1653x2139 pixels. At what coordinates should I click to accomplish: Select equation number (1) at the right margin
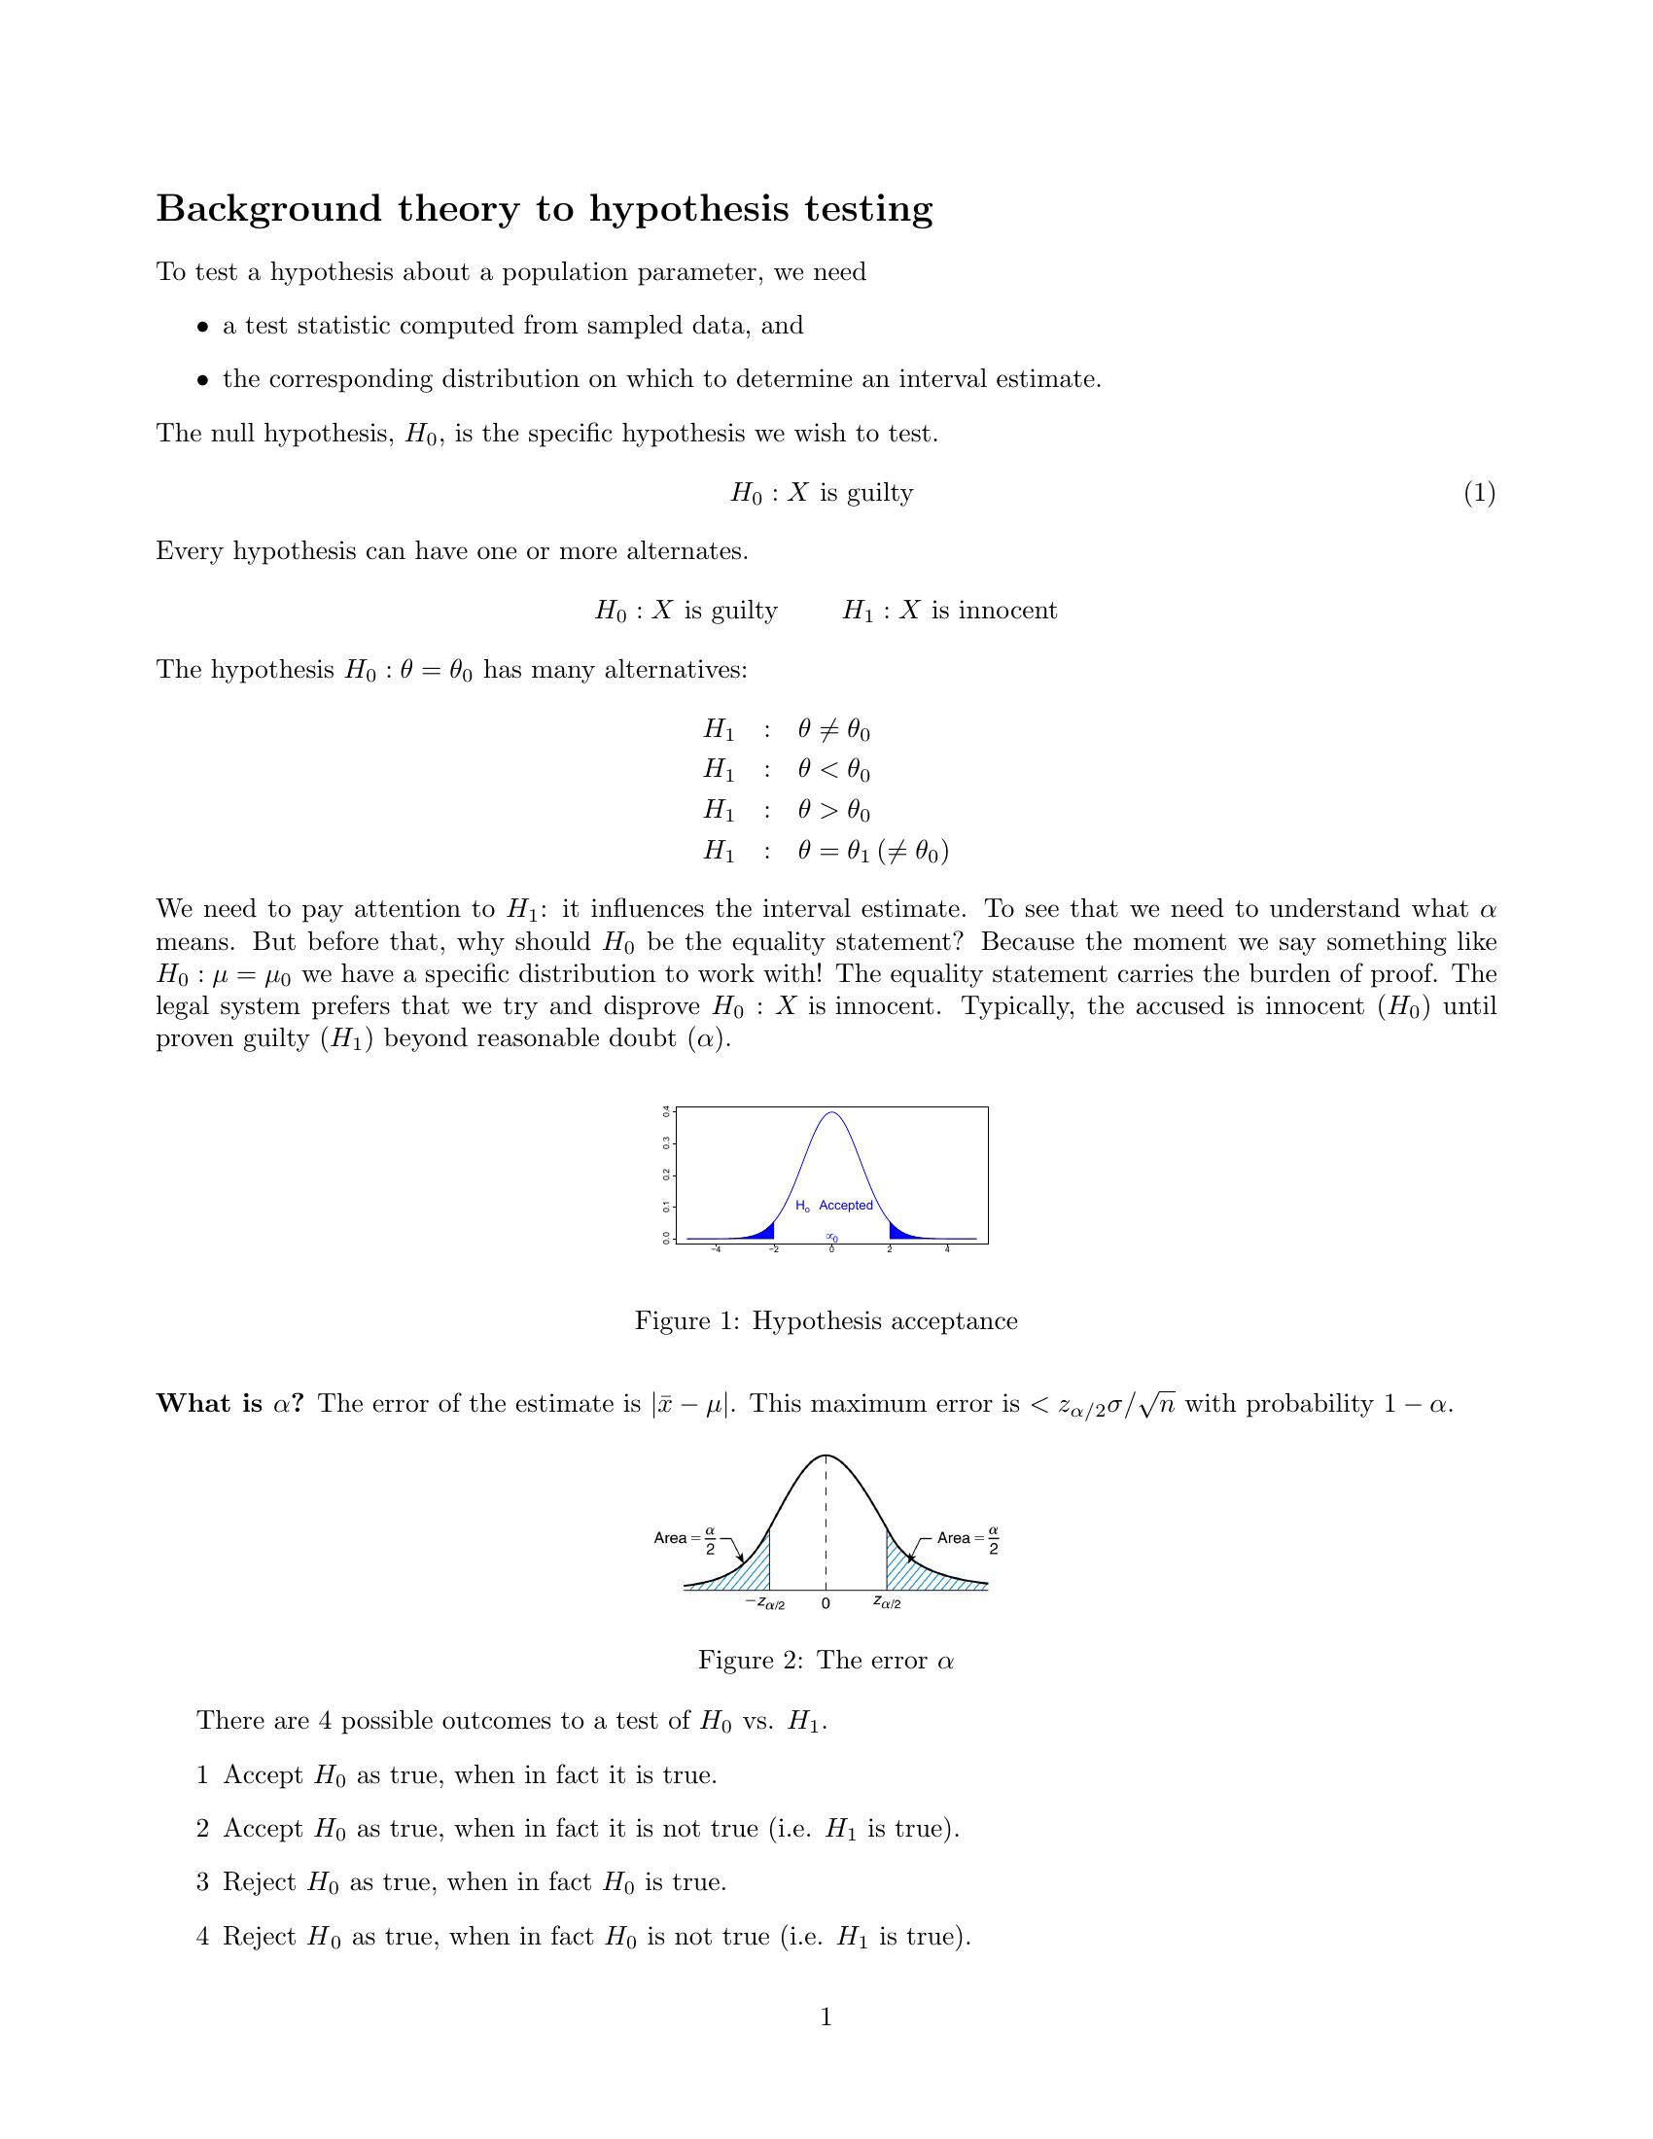(x=1479, y=493)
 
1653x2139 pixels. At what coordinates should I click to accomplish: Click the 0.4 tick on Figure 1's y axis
(x=667, y=1111)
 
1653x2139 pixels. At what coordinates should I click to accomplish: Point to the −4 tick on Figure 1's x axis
(x=716, y=1248)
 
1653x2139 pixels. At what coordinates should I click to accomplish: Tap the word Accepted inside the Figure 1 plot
(x=845, y=1205)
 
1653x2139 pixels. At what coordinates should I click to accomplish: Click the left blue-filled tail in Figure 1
(x=764, y=1232)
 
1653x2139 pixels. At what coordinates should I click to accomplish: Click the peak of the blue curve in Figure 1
(x=831, y=1112)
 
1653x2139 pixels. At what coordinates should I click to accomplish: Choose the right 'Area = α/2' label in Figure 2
(x=967, y=1539)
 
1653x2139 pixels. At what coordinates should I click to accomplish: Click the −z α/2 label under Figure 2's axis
(x=765, y=1603)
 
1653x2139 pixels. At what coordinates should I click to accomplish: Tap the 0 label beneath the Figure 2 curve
(x=826, y=1603)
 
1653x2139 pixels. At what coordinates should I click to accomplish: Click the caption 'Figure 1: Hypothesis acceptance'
(x=826, y=1321)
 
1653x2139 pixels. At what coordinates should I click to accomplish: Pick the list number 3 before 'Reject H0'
(x=202, y=1882)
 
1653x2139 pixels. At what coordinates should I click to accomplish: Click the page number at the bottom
(x=826, y=2017)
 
